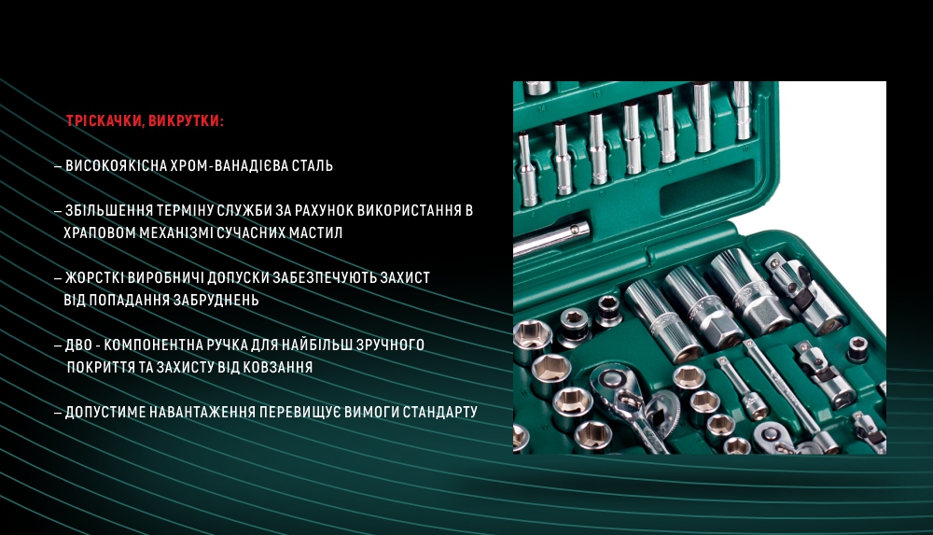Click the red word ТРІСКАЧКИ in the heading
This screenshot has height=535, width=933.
click(104, 121)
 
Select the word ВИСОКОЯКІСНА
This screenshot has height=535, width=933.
click(117, 166)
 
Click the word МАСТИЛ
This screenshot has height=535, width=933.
click(316, 233)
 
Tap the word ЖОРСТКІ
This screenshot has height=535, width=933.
click(93, 278)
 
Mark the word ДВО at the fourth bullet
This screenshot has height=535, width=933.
click(78, 345)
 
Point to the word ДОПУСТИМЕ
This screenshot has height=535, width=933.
click(105, 413)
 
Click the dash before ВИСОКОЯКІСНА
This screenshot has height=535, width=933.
click(58, 166)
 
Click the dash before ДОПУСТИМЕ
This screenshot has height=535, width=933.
click(58, 413)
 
